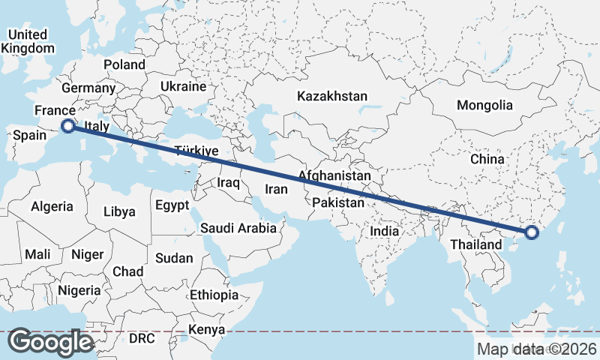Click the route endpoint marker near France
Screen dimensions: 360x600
[67, 126]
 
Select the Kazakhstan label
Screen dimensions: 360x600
[332, 97]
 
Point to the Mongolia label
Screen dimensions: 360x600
[484, 105]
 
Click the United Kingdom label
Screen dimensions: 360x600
[28, 41]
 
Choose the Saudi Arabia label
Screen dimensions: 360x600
[238, 228]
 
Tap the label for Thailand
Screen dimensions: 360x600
[475, 245]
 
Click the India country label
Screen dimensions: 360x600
[385, 232]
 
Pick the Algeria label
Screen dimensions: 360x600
[52, 206]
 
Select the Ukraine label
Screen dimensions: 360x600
[183, 87]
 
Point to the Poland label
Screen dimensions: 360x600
[124, 64]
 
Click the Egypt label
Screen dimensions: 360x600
[173, 205]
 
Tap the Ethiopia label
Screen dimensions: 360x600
[214, 295]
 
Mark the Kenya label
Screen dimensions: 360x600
[207, 330]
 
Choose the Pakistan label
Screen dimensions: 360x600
[338, 202]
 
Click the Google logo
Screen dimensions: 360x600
[51, 342]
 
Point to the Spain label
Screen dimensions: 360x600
[31, 136]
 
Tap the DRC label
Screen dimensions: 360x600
[141, 339]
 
